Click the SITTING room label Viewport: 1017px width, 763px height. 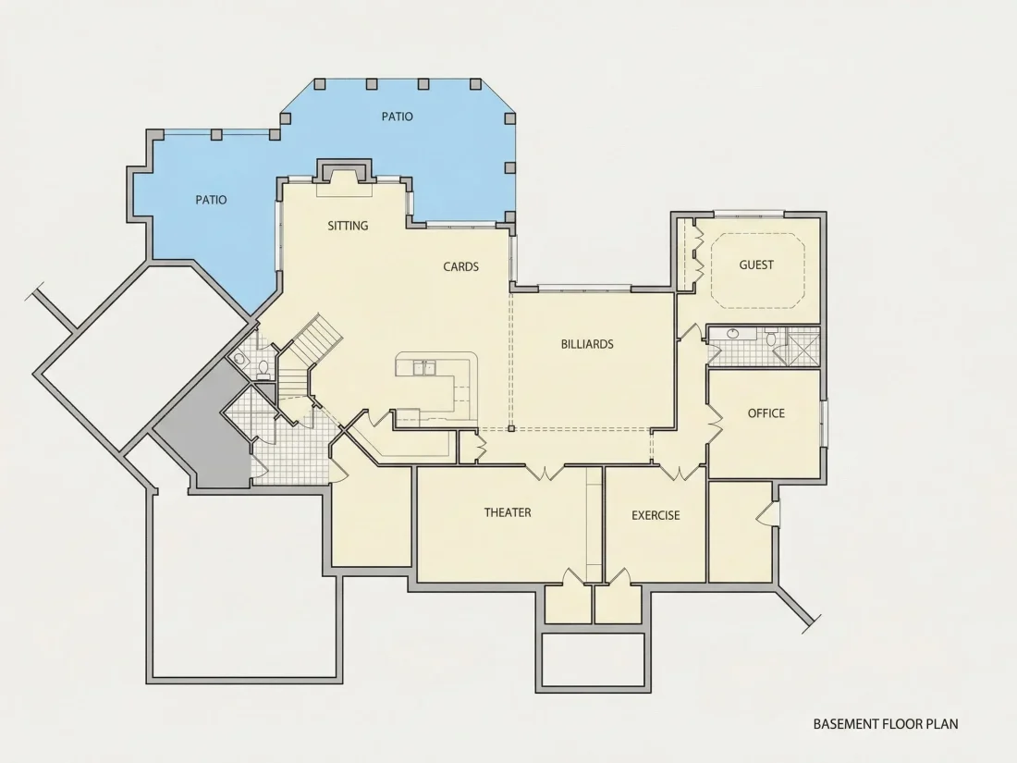click(348, 226)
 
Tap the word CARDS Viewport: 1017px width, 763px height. click(461, 266)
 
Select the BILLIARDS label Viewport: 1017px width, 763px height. click(587, 344)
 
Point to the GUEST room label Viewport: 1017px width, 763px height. click(756, 265)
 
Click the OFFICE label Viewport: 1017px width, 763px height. click(766, 413)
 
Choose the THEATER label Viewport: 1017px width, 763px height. click(508, 512)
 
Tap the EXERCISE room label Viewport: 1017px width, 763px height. click(656, 515)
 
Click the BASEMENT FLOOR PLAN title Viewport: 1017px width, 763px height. click(886, 723)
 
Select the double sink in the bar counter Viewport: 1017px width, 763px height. click(424, 368)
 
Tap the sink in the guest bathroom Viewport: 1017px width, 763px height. click(733, 334)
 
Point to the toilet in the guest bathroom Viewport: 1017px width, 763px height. click(771, 338)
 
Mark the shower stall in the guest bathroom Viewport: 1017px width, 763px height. click(803, 347)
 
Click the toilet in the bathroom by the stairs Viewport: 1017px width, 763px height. click(263, 368)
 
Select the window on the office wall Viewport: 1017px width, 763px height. click(824, 424)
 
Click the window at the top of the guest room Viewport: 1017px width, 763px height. click(749, 215)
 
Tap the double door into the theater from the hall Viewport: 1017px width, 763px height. click(545, 473)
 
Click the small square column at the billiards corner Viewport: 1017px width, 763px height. click(511, 428)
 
